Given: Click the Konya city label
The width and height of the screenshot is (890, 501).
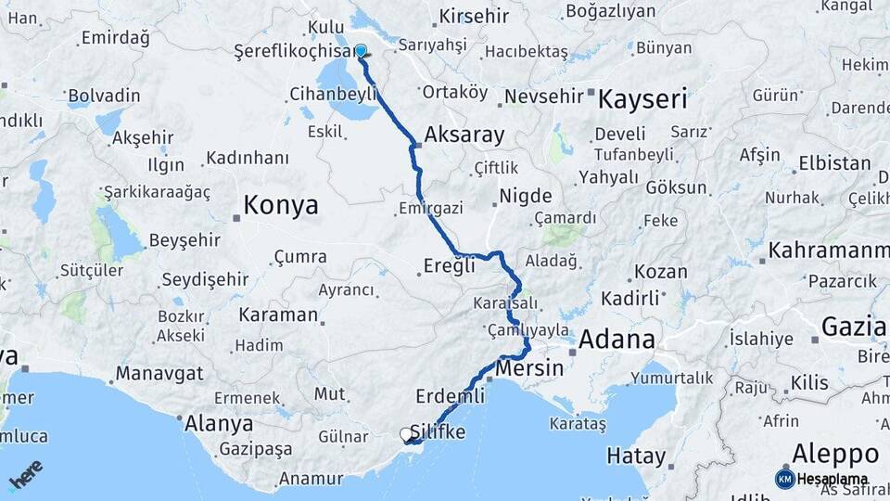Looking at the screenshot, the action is tap(280, 205).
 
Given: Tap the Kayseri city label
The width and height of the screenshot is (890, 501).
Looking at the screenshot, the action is tap(642, 98).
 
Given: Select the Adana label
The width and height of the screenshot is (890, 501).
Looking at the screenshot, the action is tap(617, 339).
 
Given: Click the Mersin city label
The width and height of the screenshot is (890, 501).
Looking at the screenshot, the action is tap(529, 368).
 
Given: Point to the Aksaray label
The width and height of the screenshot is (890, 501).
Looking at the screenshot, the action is tap(464, 135).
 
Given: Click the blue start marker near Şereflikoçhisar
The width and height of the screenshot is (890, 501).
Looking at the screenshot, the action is tap(361, 52).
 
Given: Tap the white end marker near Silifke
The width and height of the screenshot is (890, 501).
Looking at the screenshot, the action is tap(406, 434).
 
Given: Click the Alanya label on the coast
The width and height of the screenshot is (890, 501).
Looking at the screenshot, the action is tap(219, 424).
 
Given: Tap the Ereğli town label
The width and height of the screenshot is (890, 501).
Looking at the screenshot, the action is tap(449, 265).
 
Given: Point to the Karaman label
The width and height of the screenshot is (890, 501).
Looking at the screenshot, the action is tap(278, 315).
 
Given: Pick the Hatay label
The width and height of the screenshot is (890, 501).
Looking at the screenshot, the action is tap(636, 456).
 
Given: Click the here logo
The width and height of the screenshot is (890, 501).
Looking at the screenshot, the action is tap(25, 474).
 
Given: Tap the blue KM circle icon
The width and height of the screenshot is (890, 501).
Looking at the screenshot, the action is tap(784, 479).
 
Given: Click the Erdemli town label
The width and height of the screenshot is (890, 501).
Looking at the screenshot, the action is tap(451, 396).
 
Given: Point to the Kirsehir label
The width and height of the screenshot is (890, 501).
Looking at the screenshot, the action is tap(475, 17).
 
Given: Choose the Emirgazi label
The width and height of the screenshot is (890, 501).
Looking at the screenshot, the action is tap(430, 208).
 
